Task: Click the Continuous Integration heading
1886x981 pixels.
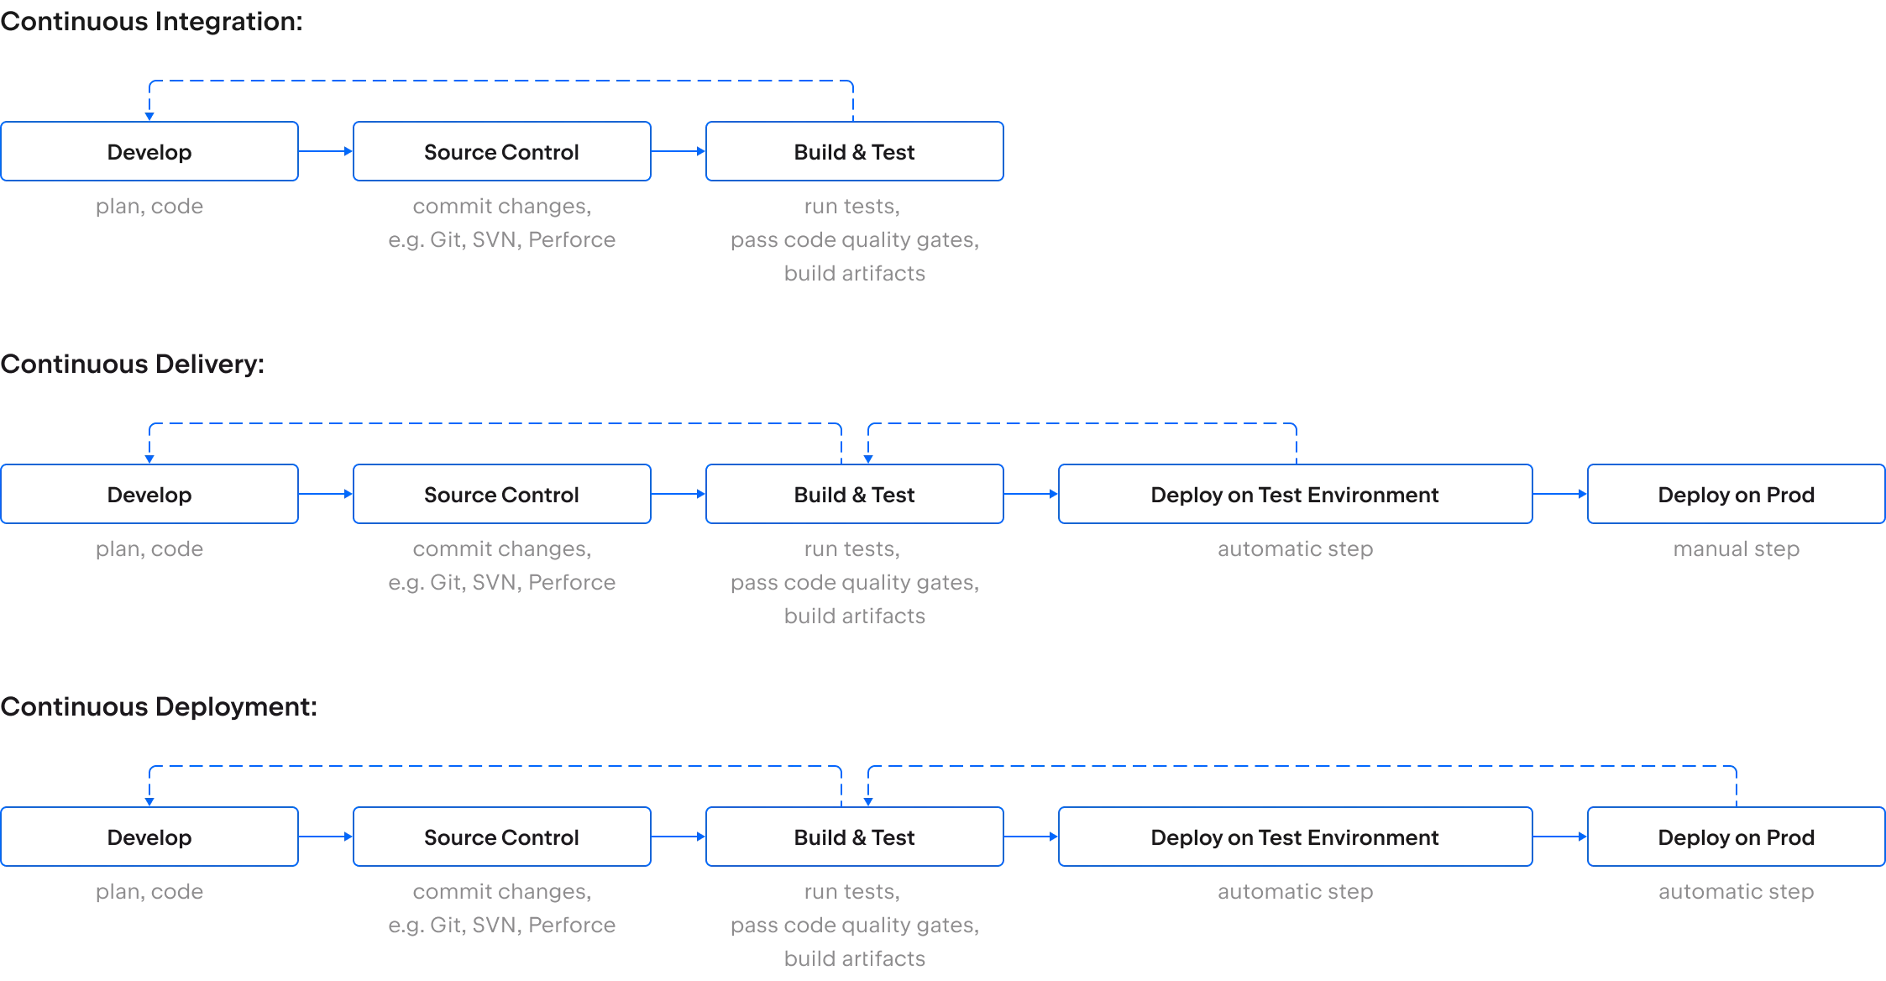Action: click(x=150, y=21)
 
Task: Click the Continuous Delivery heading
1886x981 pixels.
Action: click(x=134, y=364)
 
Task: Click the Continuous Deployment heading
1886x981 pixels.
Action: click(x=160, y=706)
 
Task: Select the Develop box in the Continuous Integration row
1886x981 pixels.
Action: click(x=150, y=151)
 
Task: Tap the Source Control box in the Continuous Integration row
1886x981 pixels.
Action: click(x=501, y=151)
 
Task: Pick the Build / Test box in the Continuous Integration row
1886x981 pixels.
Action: click(x=856, y=151)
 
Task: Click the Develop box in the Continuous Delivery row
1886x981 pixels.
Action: click(x=150, y=494)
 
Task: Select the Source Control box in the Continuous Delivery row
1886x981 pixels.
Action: click(x=501, y=494)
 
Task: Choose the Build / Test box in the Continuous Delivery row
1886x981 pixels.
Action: click(x=856, y=494)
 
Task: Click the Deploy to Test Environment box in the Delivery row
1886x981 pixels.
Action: click(x=1297, y=494)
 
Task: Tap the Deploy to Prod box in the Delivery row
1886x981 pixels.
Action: click(x=1736, y=494)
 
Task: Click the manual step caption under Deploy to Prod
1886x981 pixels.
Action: click(x=1736, y=550)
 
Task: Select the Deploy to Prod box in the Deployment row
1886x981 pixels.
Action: click(x=1736, y=837)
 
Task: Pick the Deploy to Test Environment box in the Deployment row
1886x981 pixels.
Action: click(x=1297, y=837)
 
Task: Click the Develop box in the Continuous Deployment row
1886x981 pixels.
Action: click(x=150, y=837)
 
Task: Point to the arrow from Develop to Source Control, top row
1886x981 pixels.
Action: click(x=326, y=151)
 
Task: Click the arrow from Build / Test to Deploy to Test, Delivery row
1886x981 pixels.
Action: click(x=1031, y=494)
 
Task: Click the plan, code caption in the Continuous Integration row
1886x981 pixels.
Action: click(x=150, y=207)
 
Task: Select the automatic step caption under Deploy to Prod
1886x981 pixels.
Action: click(x=1736, y=893)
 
